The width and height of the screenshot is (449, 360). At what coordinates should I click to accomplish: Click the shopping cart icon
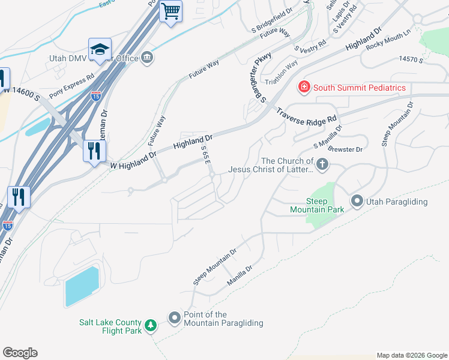[x=171, y=11]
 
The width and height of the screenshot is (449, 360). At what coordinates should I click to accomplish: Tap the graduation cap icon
[x=100, y=49]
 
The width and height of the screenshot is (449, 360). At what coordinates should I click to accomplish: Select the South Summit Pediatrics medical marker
[x=304, y=88]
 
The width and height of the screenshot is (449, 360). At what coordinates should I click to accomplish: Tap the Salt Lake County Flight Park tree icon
[x=151, y=326]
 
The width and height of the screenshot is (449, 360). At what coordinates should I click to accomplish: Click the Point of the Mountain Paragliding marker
[x=175, y=317]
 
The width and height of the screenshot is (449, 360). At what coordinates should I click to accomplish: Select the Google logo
[x=20, y=353]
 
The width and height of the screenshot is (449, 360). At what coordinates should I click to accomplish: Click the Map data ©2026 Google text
[x=412, y=355]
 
